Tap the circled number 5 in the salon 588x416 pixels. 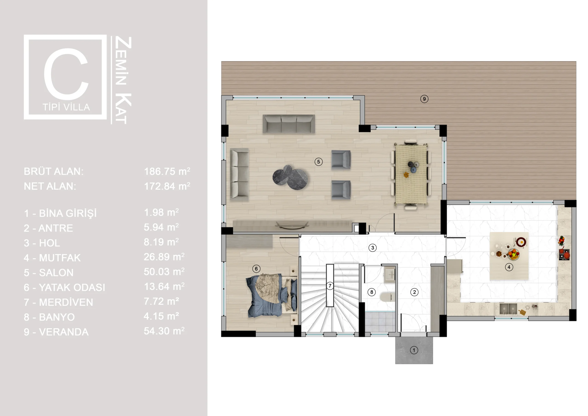click(319, 162)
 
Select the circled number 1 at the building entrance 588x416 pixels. click(414, 350)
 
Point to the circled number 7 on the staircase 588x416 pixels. click(330, 286)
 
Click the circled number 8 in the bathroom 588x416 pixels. click(372, 292)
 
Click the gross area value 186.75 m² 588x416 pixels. click(167, 171)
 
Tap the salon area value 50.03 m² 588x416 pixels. click(164, 271)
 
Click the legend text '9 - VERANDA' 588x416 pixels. click(56, 332)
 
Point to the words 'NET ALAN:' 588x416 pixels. click(50, 186)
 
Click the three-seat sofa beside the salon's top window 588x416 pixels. click(289, 124)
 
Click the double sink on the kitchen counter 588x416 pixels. click(508, 309)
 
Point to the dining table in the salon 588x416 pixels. click(411, 174)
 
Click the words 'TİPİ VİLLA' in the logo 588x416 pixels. click(66, 107)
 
